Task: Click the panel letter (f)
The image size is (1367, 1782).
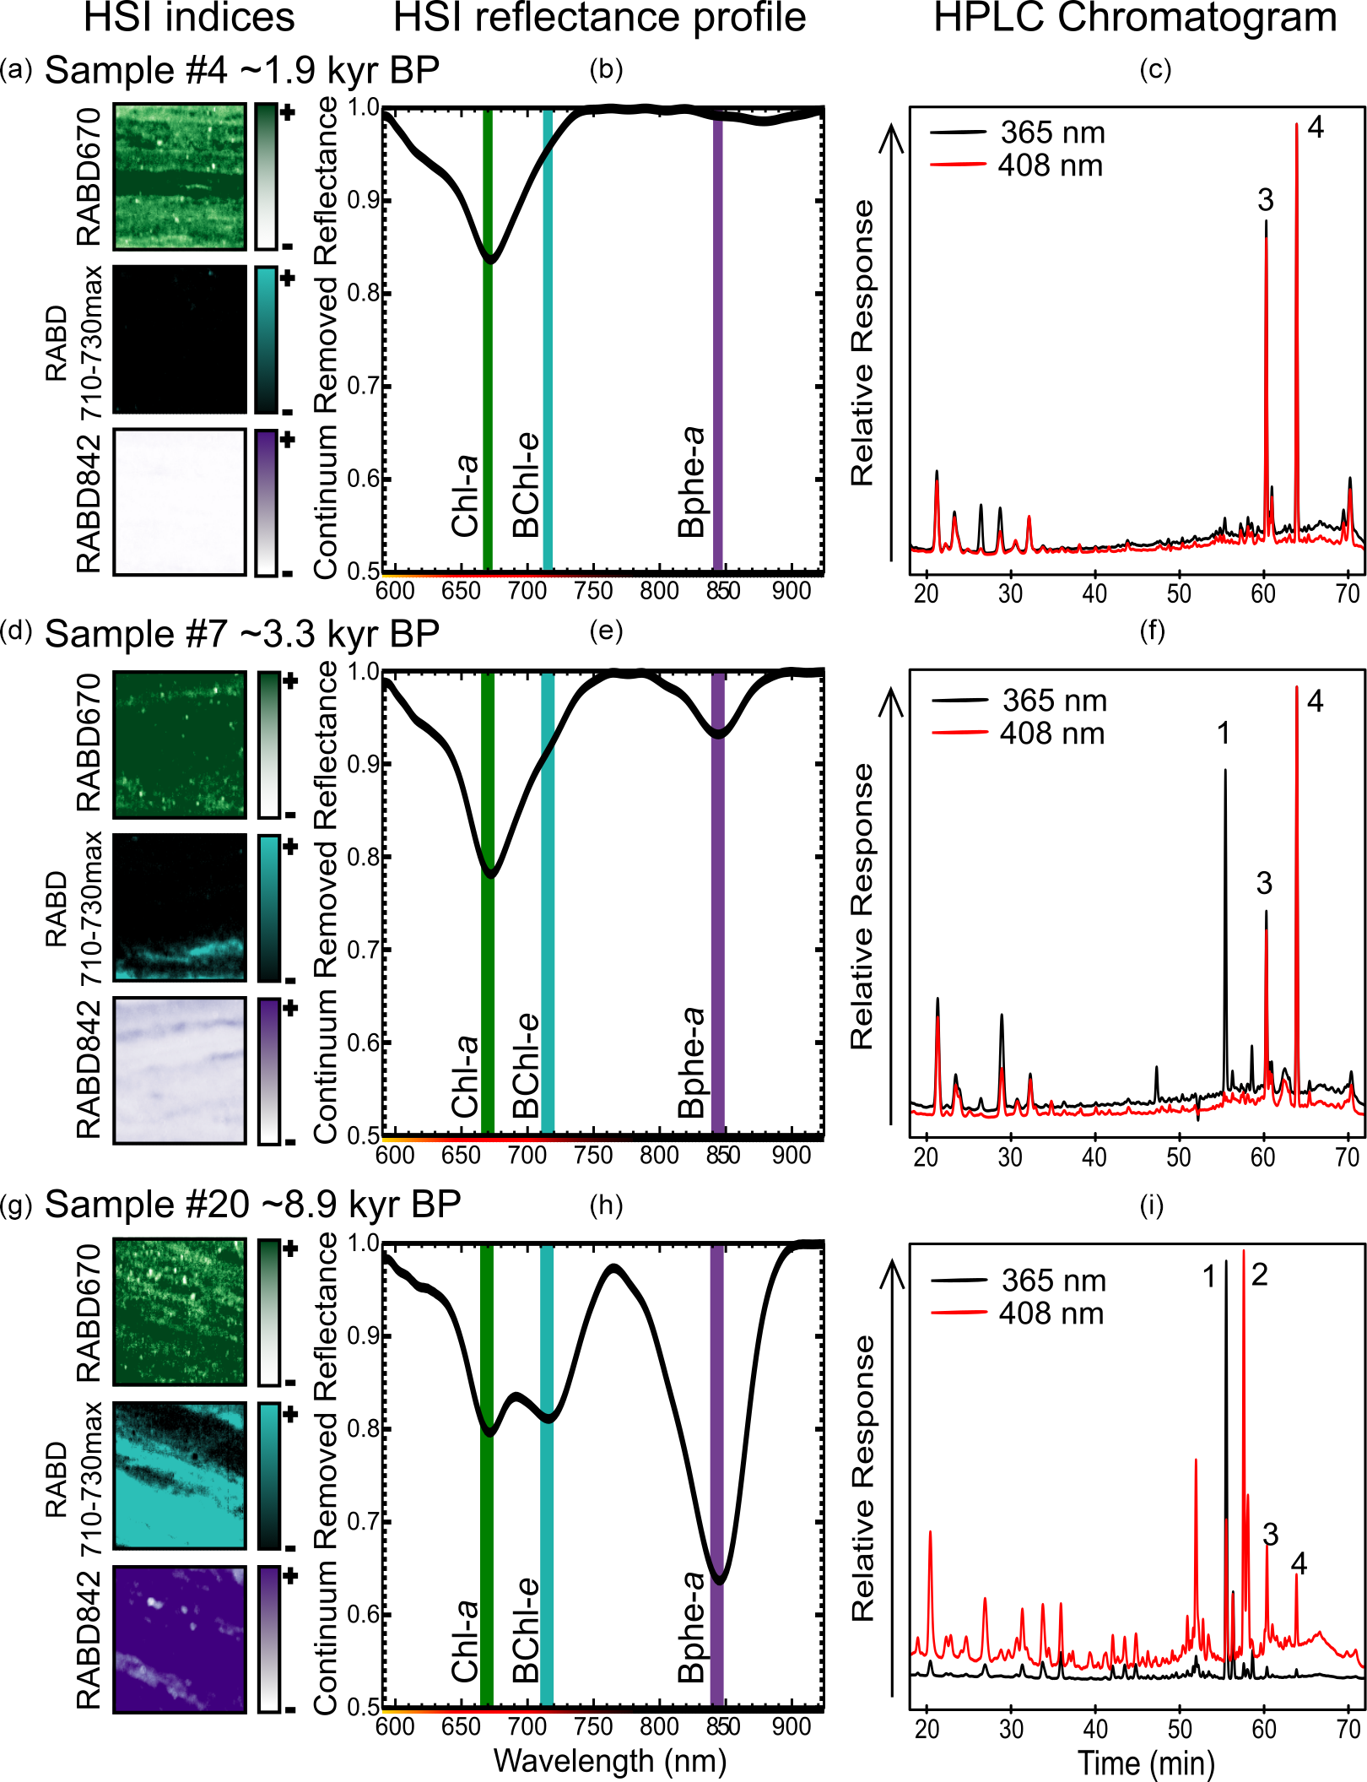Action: pyautogui.click(x=1152, y=631)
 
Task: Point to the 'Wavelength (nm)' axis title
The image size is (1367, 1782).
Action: pyautogui.click(x=609, y=1761)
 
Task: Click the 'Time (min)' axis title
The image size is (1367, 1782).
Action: pyautogui.click(x=1145, y=1763)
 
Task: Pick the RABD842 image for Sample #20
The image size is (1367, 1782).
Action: pyautogui.click(x=180, y=1639)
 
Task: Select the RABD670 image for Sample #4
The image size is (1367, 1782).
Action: pyautogui.click(x=180, y=176)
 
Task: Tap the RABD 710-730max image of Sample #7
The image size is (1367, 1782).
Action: pyautogui.click(x=180, y=907)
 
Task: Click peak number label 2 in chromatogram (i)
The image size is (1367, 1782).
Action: pyautogui.click(x=1259, y=1275)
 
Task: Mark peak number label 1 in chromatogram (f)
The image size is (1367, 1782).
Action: pyautogui.click(x=1224, y=733)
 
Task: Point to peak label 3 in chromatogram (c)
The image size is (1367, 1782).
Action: pyautogui.click(x=1265, y=200)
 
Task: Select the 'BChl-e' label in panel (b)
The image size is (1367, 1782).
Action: pyautogui.click(x=526, y=485)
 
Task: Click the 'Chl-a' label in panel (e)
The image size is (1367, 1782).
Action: pyautogui.click(x=465, y=1076)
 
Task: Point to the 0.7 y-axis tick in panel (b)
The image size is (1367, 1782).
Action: pyautogui.click(x=364, y=387)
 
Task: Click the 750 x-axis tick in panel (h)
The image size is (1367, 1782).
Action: pyautogui.click(x=593, y=1727)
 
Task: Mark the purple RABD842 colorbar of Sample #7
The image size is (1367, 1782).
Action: pyautogui.click(x=268, y=1070)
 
